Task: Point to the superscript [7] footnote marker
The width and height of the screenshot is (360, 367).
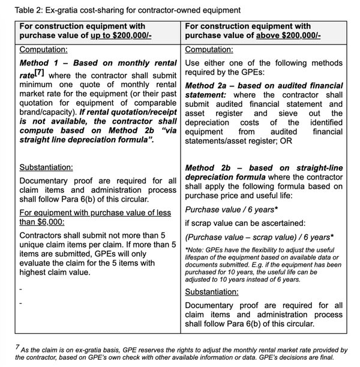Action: [x=38, y=73]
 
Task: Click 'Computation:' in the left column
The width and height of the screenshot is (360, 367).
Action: [x=43, y=49]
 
